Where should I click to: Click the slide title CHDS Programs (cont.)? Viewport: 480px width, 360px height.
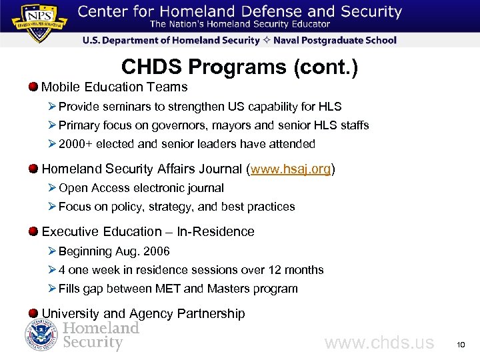click(x=239, y=67)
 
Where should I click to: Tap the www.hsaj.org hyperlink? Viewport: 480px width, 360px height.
click(x=291, y=169)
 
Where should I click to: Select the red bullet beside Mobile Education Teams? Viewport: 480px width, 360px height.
click(x=33, y=87)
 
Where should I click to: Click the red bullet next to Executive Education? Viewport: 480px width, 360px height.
click(x=33, y=231)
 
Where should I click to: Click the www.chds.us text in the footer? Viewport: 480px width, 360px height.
click(x=379, y=343)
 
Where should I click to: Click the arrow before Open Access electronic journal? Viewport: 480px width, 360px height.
click(x=52, y=188)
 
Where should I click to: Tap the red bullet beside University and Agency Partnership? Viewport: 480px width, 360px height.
click(x=33, y=313)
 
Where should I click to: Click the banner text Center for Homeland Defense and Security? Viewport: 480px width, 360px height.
click(x=239, y=12)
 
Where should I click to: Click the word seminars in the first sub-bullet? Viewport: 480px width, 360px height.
click(x=123, y=107)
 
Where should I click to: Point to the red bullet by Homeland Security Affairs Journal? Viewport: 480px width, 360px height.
click(x=33, y=169)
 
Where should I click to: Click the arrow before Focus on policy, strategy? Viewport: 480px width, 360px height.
click(x=52, y=207)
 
